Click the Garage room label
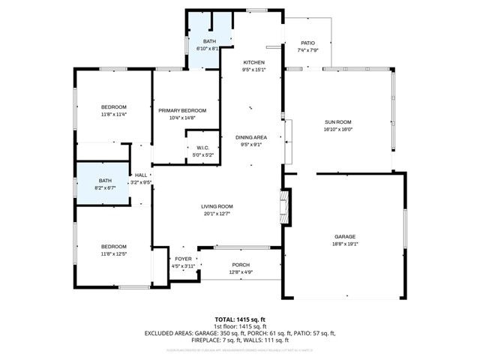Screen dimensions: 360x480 [346, 236]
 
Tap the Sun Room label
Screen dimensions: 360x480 [338, 121]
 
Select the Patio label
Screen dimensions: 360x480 [308, 43]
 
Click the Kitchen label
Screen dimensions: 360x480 [253, 62]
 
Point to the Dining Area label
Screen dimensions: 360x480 [253, 137]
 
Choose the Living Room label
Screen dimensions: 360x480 [217, 206]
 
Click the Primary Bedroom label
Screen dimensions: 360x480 [182, 110]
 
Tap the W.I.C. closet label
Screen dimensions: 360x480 [203, 148]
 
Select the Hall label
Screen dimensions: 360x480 [140, 175]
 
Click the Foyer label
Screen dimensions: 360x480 [184, 259]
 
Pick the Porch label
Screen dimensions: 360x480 [241, 264]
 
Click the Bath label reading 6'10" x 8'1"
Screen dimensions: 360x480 [207, 42]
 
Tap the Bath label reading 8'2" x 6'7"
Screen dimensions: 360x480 [106, 181]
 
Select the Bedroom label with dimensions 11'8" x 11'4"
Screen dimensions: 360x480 [114, 106]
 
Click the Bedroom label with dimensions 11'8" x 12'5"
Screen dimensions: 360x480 [114, 247]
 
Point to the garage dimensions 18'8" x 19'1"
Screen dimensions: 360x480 [346, 243]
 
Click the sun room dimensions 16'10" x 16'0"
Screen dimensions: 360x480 [338, 128]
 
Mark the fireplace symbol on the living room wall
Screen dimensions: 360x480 [283, 205]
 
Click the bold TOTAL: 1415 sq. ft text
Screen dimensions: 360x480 [240, 319]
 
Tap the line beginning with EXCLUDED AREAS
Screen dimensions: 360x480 [240, 333]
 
